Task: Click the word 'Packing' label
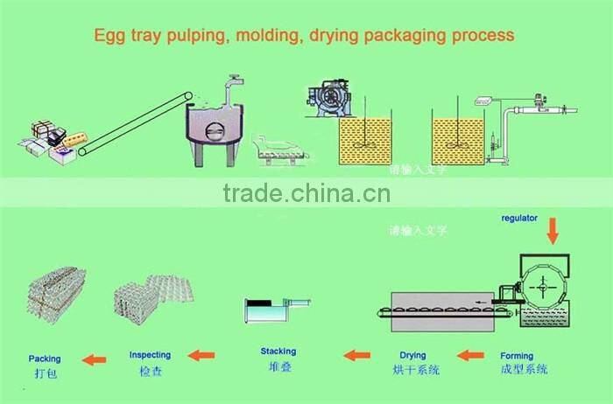[x=45, y=359]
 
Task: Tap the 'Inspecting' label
[x=150, y=355]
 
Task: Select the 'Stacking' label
[x=278, y=352]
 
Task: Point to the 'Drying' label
[x=412, y=355]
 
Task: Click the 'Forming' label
[x=517, y=356]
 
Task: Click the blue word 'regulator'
[x=519, y=217]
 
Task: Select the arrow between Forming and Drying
[x=471, y=355]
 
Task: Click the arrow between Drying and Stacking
[x=356, y=355]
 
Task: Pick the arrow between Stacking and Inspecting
[x=202, y=355]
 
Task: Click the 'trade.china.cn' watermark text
[x=306, y=193]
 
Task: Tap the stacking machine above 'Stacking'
[x=275, y=312]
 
